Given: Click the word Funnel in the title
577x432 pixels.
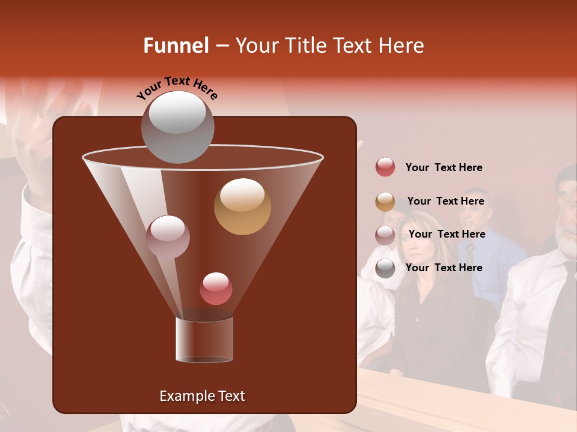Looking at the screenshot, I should tap(176, 46).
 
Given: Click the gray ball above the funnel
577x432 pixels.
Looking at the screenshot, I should tap(177, 127).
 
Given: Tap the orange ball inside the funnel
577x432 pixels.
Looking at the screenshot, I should tap(242, 206).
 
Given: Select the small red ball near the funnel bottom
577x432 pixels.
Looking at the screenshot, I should tap(216, 289).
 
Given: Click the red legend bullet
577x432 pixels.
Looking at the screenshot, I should tap(385, 167).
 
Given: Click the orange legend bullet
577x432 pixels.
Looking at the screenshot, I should tap(385, 201).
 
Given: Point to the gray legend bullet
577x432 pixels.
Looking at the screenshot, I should tap(385, 268).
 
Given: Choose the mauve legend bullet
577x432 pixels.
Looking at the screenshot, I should tap(385, 235).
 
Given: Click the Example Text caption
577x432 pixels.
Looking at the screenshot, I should tap(202, 396).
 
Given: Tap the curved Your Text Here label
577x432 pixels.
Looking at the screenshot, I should tap(177, 88).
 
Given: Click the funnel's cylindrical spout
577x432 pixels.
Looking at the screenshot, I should tap(204, 340).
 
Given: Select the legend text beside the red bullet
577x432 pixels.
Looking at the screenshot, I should tap(444, 167).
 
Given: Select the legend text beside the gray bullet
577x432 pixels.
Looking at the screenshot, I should tap(444, 268).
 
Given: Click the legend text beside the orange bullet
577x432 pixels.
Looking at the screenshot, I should tap(445, 201).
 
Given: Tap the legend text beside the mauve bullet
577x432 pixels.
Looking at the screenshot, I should tap(447, 234).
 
